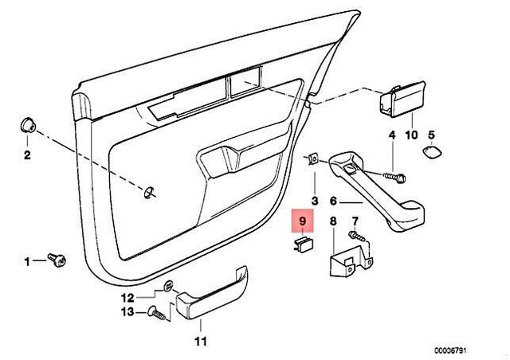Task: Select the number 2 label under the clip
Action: [25, 155]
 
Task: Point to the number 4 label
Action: [392, 135]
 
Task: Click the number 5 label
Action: [431, 135]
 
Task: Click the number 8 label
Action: [334, 221]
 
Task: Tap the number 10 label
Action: [411, 135]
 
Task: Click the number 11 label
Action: [200, 342]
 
